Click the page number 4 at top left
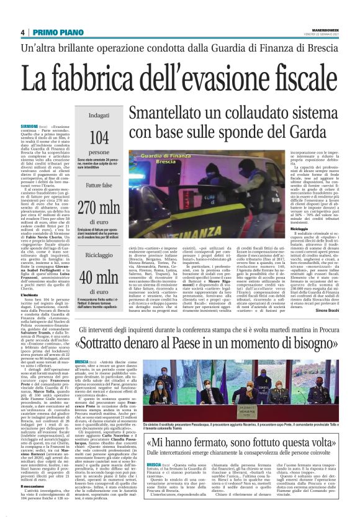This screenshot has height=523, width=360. pos(22,32)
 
